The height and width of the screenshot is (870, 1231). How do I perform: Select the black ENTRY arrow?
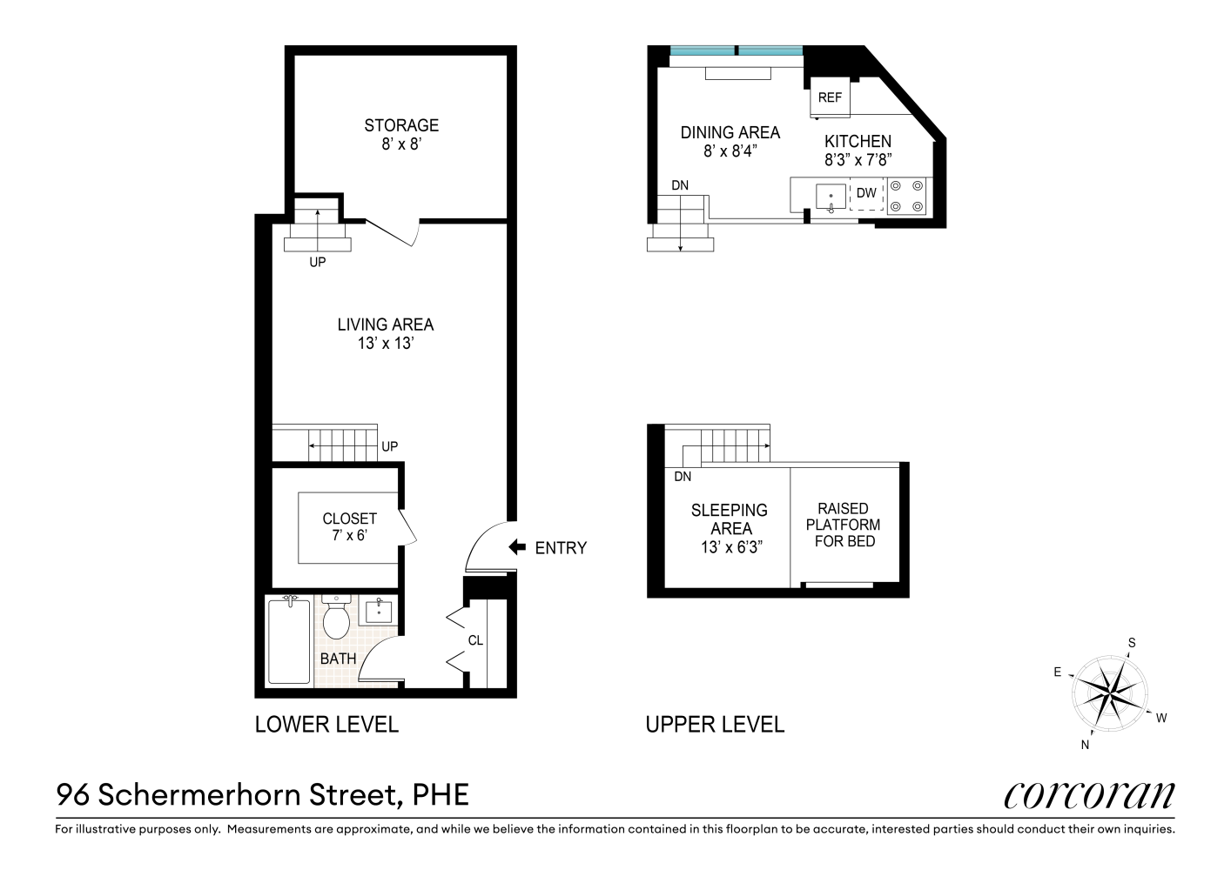pos(517,547)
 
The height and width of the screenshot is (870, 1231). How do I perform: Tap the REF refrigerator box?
pos(830,98)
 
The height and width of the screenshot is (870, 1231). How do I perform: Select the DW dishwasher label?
pos(866,193)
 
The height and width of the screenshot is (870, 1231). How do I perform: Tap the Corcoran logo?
pos(1088,794)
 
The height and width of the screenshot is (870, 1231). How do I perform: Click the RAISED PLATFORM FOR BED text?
pos(843,525)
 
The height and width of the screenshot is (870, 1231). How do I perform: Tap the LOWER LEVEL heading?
pos(326,724)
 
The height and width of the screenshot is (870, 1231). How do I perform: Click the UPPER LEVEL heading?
pos(715,724)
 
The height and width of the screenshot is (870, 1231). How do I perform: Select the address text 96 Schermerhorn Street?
pos(262,794)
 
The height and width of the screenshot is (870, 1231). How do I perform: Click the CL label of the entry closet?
pos(475,640)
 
